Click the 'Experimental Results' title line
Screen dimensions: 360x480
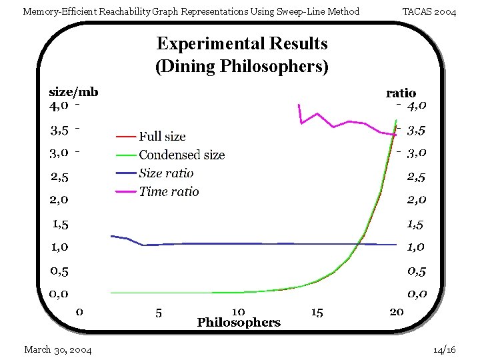242,44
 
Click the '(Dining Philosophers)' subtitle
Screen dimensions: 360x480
242,67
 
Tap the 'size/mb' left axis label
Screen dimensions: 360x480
73,92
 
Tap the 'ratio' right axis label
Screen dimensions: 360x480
401,93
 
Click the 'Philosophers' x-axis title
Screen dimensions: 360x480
239,323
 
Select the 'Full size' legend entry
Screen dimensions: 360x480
162,137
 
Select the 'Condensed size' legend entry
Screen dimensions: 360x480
181,155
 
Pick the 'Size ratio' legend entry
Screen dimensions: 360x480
166,173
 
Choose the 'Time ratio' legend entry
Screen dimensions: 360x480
169,192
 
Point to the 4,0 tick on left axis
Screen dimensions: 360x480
59,105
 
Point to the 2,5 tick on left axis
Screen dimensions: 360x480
59,177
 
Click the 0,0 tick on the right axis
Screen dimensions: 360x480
417,294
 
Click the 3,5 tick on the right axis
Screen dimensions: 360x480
417,130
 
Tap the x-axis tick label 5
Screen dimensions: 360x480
159,312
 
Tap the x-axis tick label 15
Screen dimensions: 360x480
317,312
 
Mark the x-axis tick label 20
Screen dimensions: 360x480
396,312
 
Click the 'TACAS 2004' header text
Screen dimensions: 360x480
430,11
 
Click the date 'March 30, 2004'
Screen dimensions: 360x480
58,350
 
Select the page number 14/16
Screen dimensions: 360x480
444,350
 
